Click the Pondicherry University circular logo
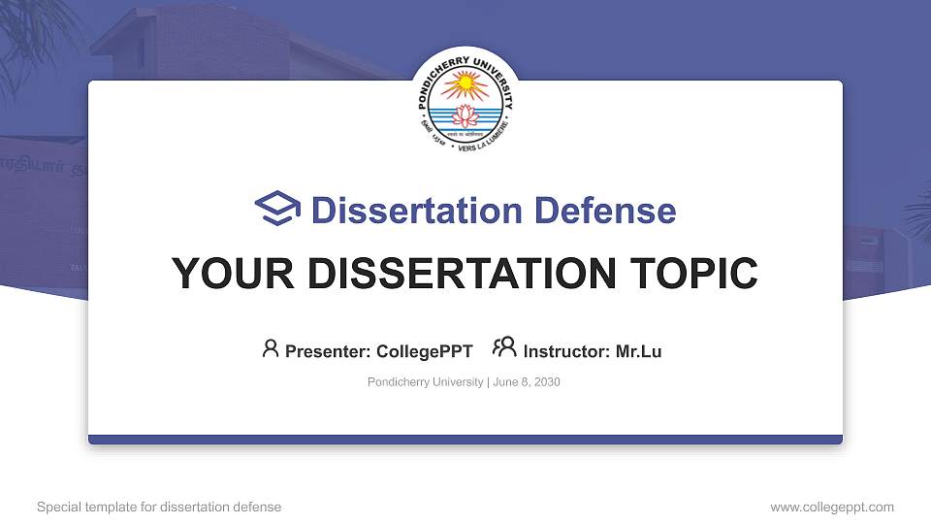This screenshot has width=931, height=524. pos(465,100)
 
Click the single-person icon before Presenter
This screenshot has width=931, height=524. pos(271,348)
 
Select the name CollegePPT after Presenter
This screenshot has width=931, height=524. pos(426,351)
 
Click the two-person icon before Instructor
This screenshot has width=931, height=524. pos(504,348)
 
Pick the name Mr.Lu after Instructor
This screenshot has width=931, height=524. pos(638,351)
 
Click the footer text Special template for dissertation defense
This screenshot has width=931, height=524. pos(159,507)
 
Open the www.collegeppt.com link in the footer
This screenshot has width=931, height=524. pos(832,507)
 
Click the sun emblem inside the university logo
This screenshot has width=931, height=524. pos(465,85)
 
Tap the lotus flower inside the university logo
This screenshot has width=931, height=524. pos(465,116)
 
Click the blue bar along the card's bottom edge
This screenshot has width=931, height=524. pos(465,440)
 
